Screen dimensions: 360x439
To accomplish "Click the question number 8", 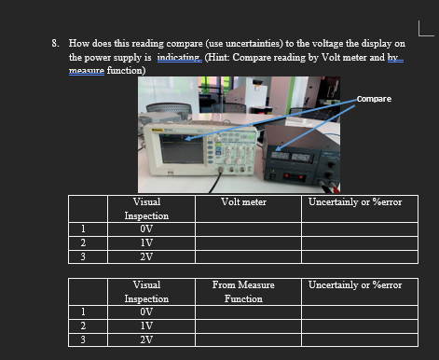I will [x=56, y=43].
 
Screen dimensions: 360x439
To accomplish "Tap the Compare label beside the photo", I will [x=373, y=98].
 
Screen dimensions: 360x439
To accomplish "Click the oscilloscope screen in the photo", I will [x=184, y=147].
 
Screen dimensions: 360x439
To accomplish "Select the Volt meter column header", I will [x=245, y=201].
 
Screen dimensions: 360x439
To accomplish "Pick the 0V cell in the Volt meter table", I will [x=146, y=227].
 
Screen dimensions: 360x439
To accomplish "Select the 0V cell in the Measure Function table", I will [x=146, y=312].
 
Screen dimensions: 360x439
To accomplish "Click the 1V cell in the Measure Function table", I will [x=146, y=325].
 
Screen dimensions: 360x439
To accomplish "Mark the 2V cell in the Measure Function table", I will [x=146, y=339].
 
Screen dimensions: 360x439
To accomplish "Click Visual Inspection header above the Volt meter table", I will [x=146, y=208].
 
